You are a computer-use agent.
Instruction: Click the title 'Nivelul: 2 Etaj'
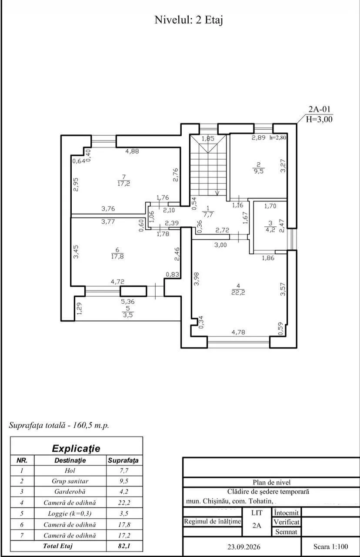click(189, 20)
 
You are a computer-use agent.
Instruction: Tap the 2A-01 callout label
click(319, 109)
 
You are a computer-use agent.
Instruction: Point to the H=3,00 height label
click(319, 119)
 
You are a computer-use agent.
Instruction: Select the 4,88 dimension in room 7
click(132, 151)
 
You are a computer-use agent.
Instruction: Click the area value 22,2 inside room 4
click(238, 292)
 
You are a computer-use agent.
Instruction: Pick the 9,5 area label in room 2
click(259, 171)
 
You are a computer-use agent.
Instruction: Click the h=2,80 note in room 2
click(278, 138)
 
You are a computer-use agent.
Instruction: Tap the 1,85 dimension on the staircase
click(208, 138)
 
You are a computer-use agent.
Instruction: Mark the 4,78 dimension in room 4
click(238, 332)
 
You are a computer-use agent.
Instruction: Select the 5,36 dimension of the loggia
click(128, 302)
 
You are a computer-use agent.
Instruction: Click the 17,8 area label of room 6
click(117, 256)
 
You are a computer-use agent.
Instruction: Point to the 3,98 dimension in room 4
click(196, 279)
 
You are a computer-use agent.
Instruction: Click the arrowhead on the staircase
click(217, 192)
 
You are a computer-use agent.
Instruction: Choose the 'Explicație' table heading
click(76, 449)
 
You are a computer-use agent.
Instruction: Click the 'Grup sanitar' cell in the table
click(70, 481)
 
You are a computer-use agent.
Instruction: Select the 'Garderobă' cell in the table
click(70, 492)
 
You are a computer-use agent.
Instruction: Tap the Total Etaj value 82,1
click(124, 546)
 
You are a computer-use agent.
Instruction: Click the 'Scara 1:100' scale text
click(331, 546)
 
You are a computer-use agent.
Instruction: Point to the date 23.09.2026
click(244, 547)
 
